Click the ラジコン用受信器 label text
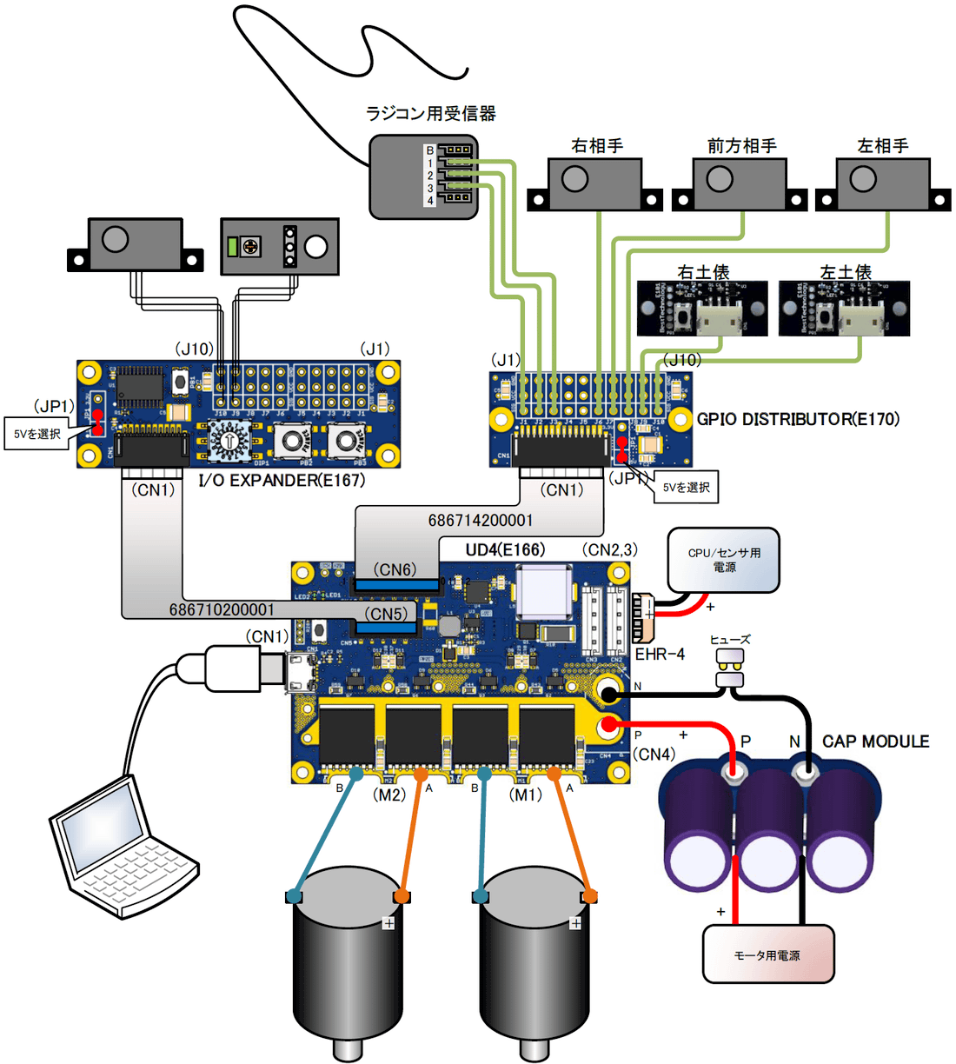pyautogui.click(x=431, y=113)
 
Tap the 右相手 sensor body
pyautogui.click(x=596, y=183)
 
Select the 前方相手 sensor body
pyautogui.click(x=740, y=183)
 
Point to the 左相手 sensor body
pyautogui.click(x=884, y=183)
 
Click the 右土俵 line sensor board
pyautogui.click(x=703, y=309)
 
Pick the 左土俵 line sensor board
pyautogui.click(x=845, y=309)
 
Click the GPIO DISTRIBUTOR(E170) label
pyautogui.click(x=798, y=419)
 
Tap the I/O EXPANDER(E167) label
pyautogui.click(x=282, y=480)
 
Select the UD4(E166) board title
pyautogui.click(x=505, y=549)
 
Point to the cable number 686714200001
pyautogui.click(x=481, y=520)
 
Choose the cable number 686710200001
pyautogui.click(x=222, y=609)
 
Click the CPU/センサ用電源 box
pyautogui.click(x=723, y=561)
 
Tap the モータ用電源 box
pyautogui.click(x=767, y=954)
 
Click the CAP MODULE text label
pyautogui.click(x=875, y=741)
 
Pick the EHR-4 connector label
pyautogui.click(x=660, y=654)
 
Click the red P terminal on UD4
pyautogui.click(x=610, y=725)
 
